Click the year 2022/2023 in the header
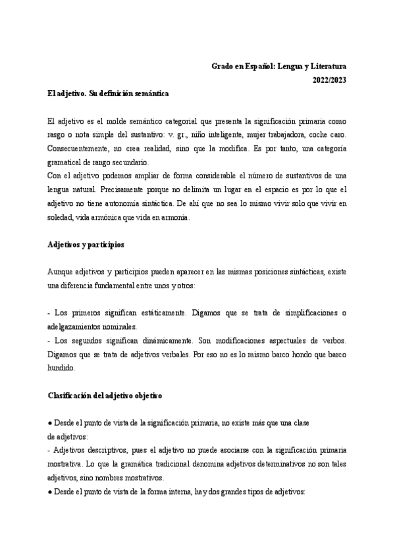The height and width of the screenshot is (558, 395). click(x=329, y=80)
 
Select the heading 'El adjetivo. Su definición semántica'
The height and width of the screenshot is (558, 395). click(x=109, y=94)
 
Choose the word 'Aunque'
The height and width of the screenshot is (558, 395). click(x=61, y=272)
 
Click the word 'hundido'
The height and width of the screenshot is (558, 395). click(x=63, y=368)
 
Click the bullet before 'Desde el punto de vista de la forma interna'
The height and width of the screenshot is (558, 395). click(x=51, y=493)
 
